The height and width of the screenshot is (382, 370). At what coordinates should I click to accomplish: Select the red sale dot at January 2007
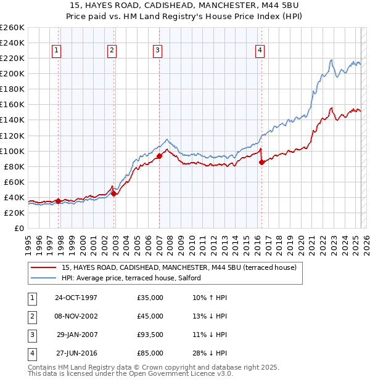tap(159, 156)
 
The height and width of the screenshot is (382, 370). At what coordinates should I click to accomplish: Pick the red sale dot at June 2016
tap(261, 162)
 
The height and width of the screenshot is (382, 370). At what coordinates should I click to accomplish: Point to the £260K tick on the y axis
tap(12, 28)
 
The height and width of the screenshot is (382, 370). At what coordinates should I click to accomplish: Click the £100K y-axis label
tap(12, 151)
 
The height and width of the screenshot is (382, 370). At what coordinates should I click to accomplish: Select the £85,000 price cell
tap(150, 353)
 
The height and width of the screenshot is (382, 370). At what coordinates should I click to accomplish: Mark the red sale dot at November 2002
tap(113, 193)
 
